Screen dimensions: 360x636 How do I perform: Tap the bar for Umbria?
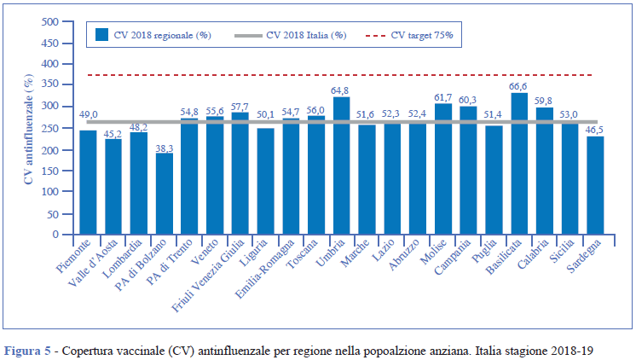pyautogui.click(x=341, y=165)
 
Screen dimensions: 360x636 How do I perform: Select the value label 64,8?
pyautogui.click(x=341, y=90)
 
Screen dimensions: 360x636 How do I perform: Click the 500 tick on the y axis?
pyautogui.click(x=53, y=21)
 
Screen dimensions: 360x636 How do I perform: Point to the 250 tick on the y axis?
pyautogui.click(x=53, y=128)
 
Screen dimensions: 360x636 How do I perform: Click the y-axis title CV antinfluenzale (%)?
pyautogui.click(x=29, y=128)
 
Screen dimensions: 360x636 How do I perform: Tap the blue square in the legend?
pyautogui.click(x=102, y=35)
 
